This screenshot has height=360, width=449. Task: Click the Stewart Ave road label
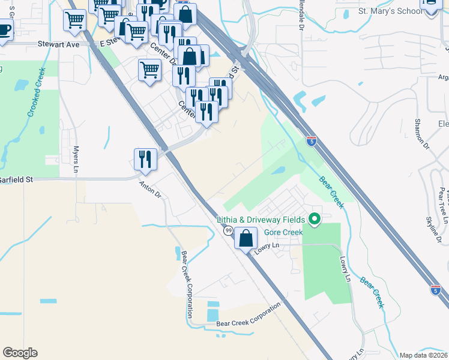58,44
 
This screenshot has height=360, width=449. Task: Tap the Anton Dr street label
151,190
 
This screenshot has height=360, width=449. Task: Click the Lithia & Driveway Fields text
261,220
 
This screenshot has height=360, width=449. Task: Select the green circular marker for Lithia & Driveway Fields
313,220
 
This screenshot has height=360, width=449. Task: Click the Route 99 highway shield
229,231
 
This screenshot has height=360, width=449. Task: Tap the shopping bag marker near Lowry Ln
246,238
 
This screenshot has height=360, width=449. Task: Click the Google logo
20,353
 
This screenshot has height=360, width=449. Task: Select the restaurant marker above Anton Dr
145,160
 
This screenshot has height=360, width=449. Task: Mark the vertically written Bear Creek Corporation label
187,284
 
